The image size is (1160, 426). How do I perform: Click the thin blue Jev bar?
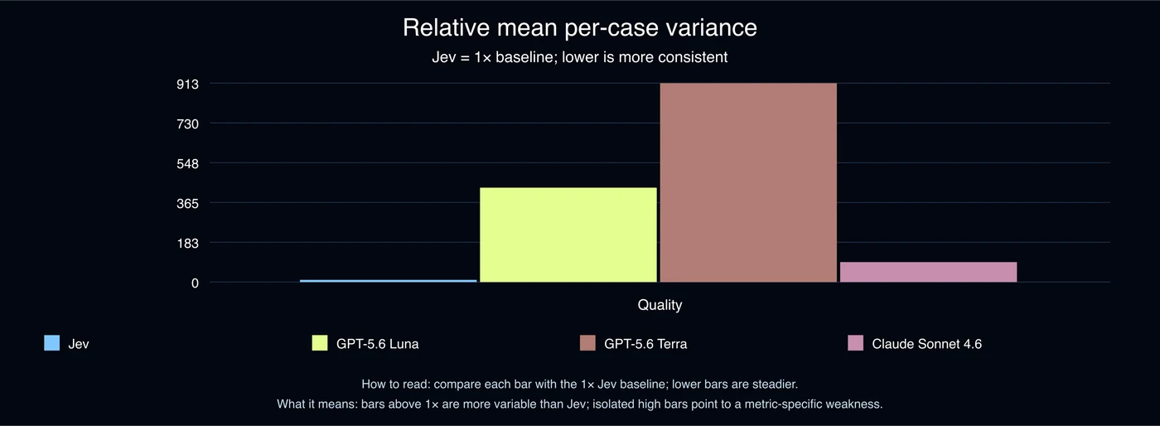(x=388, y=281)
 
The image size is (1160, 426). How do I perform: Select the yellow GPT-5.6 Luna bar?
(x=568, y=235)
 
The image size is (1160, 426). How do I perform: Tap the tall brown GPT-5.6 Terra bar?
(x=748, y=182)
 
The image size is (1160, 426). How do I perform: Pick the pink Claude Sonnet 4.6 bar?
(x=929, y=272)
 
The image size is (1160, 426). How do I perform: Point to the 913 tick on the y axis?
(x=187, y=84)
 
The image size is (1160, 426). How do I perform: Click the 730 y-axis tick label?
(x=187, y=123)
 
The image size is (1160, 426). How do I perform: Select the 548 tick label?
(x=187, y=164)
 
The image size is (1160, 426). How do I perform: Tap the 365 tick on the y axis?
(x=187, y=204)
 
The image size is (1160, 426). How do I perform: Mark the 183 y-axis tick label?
(x=187, y=243)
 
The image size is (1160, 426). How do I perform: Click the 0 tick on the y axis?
(x=195, y=283)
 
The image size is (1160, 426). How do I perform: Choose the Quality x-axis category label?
(x=660, y=305)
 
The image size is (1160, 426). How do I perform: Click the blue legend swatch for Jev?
(x=51, y=343)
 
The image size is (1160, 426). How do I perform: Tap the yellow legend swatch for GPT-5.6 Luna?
(x=320, y=343)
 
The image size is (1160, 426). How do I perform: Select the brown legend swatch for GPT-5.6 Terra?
(x=587, y=343)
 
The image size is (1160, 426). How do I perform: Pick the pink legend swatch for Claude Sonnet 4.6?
(x=855, y=343)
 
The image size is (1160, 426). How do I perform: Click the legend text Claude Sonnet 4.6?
(x=927, y=344)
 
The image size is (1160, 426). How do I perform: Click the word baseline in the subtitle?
(x=524, y=57)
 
